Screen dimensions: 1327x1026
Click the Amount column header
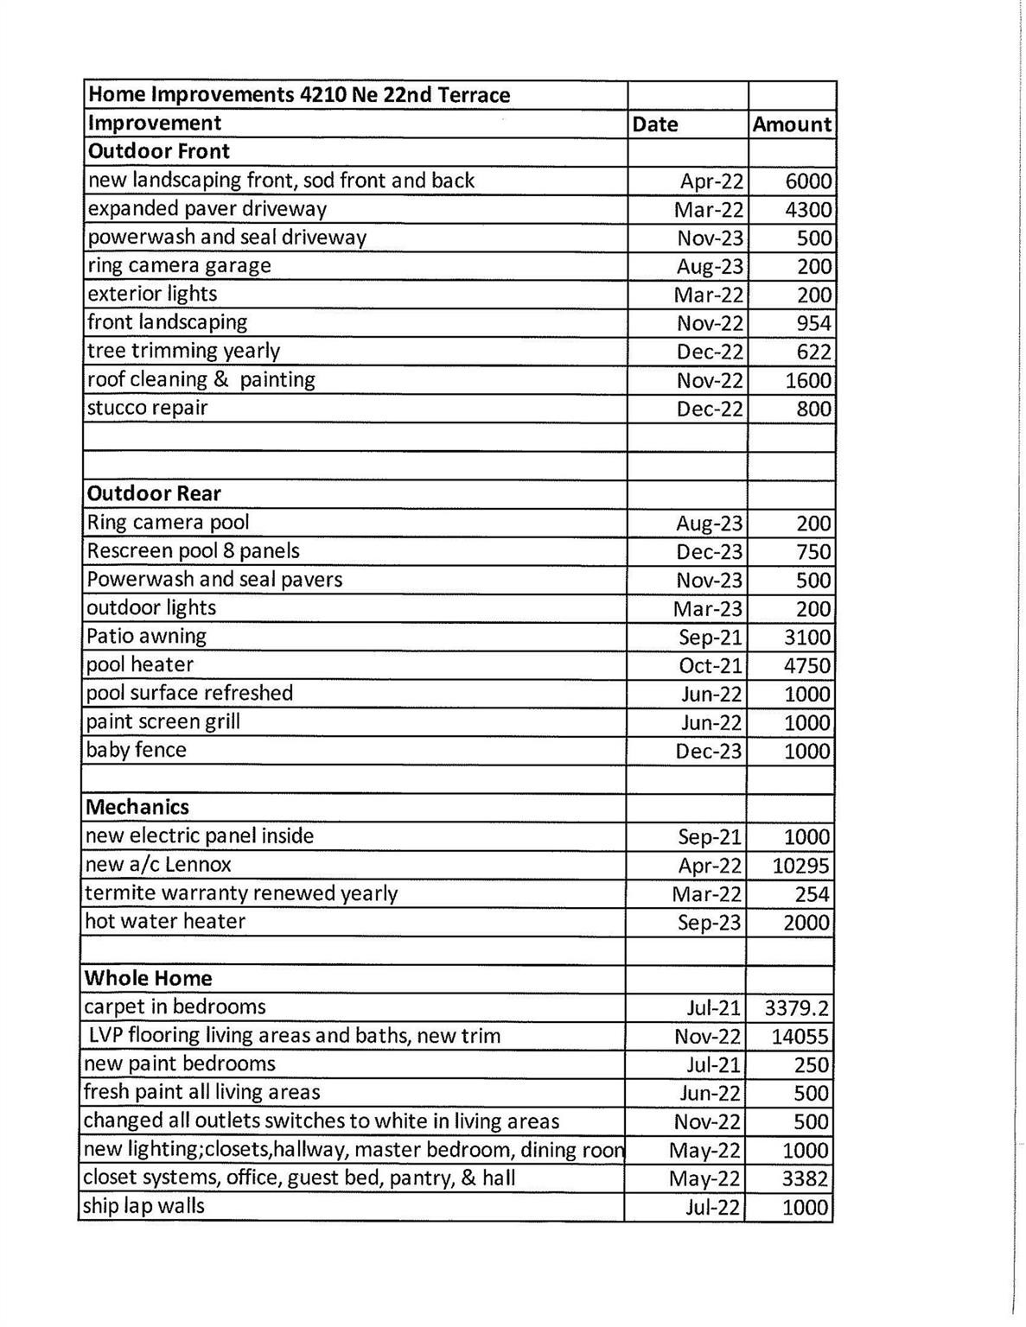(792, 124)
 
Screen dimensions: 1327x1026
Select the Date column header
(655, 124)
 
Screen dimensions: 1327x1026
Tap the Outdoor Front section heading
(159, 152)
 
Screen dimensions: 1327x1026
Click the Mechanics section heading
(137, 807)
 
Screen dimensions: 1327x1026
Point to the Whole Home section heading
(149, 978)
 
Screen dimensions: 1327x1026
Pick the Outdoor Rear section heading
(155, 493)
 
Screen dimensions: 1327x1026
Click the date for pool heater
(710, 665)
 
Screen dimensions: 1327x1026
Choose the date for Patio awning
(710, 637)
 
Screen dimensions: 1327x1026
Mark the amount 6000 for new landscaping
(808, 181)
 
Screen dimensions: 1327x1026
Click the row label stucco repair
(148, 408)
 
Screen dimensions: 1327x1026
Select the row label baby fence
(137, 750)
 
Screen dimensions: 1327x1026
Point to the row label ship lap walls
(144, 1206)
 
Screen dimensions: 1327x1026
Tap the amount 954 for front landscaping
(814, 323)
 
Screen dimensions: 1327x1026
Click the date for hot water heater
(709, 922)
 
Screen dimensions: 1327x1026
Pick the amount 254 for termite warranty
(813, 893)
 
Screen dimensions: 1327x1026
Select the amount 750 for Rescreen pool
(813, 551)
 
